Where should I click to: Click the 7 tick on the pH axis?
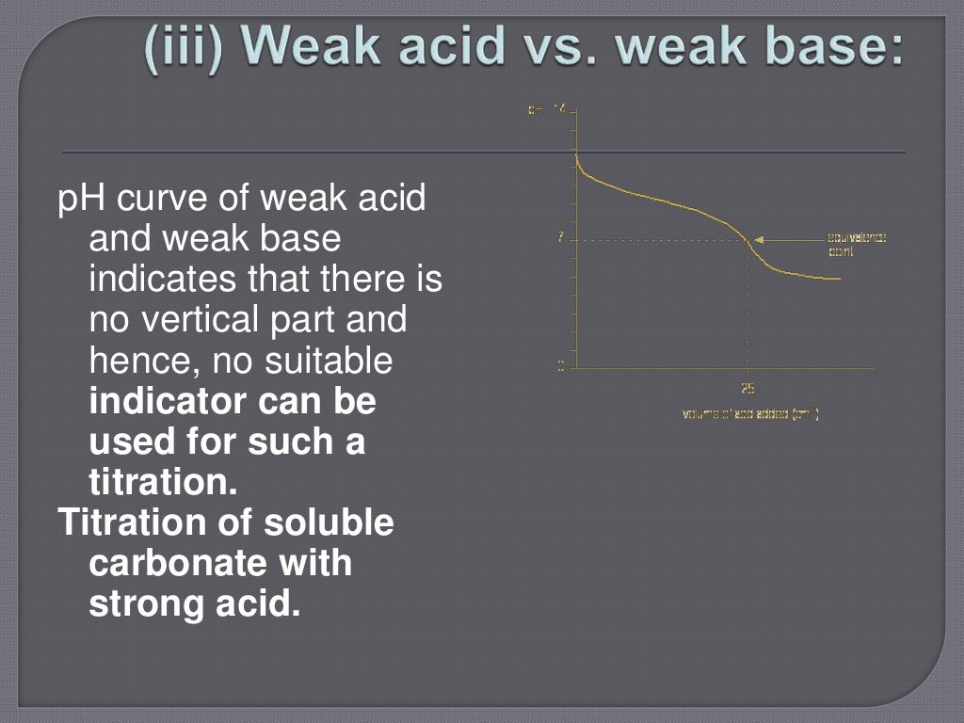[561, 239]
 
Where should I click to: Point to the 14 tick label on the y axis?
[558, 110]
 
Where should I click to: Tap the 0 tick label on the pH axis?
[561, 366]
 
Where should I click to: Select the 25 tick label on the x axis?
[747, 388]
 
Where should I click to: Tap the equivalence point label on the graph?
[856, 244]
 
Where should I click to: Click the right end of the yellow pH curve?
[838, 278]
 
